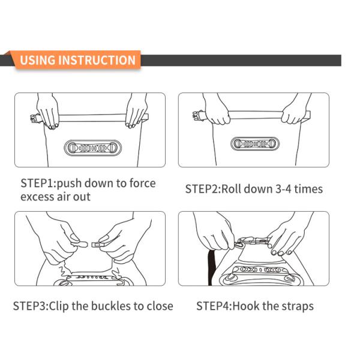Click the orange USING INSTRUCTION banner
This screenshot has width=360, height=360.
[77, 60]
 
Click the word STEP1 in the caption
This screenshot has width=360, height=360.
[37, 184]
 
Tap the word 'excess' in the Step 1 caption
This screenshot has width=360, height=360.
[37, 197]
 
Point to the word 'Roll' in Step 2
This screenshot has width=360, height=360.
[232, 189]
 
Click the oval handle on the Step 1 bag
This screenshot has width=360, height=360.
[92, 148]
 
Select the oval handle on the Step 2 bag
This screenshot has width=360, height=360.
[255, 144]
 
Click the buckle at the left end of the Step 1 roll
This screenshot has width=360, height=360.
[35, 118]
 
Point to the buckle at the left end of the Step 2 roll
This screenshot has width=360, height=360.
[199, 115]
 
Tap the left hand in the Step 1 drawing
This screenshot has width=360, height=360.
[47, 110]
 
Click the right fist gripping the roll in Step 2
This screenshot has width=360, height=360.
[293, 113]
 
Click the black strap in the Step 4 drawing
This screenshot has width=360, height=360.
[211, 268]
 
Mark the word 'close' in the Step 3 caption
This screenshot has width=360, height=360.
[160, 306]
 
